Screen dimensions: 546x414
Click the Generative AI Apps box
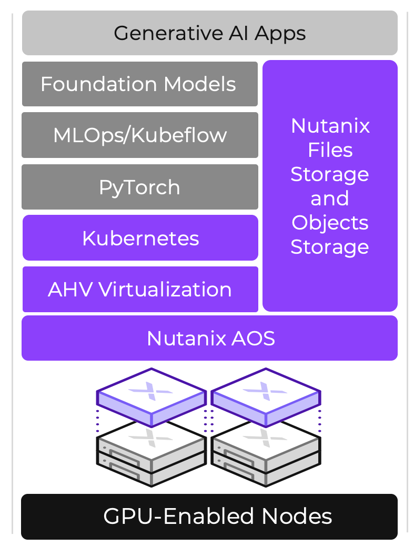209,33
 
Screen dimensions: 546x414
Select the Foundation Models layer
139,84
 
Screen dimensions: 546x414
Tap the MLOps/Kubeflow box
139,135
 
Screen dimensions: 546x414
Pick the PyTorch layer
139,187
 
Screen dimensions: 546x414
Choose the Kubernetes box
140,238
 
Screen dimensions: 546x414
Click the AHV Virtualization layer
140,289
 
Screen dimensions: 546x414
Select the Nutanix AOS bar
209,338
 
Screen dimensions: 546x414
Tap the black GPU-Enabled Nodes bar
209,517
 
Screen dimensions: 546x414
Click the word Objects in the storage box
330,223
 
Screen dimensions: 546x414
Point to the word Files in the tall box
330,150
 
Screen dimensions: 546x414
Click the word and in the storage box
330,198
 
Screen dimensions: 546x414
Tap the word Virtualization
165,289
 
